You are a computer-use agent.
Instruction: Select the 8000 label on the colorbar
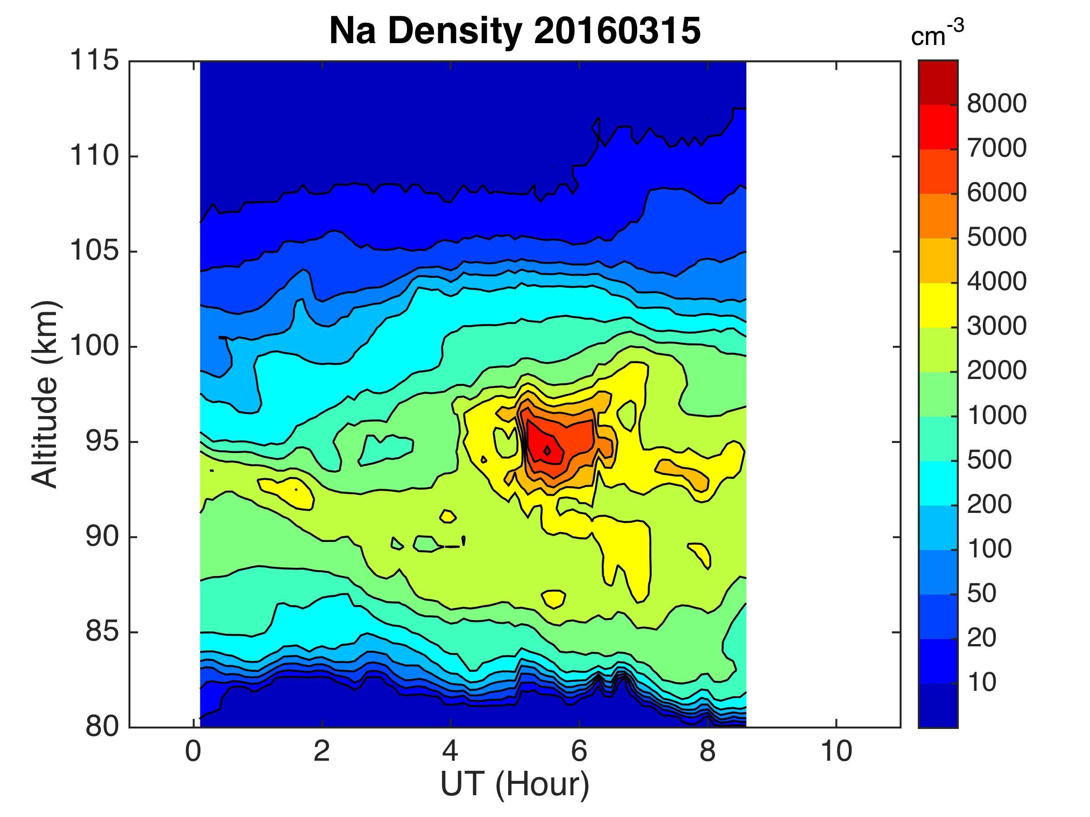tap(996, 104)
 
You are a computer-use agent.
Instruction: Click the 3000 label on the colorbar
tap(996, 326)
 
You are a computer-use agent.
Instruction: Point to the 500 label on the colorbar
tap(990, 460)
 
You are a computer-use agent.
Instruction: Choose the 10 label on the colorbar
tap(982, 682)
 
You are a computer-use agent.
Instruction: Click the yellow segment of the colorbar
tap(938, 305)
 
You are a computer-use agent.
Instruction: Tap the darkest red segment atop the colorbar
tap(938, 82)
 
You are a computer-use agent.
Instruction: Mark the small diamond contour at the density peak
tap(547, 450)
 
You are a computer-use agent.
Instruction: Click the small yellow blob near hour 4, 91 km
tap(447, 516)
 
